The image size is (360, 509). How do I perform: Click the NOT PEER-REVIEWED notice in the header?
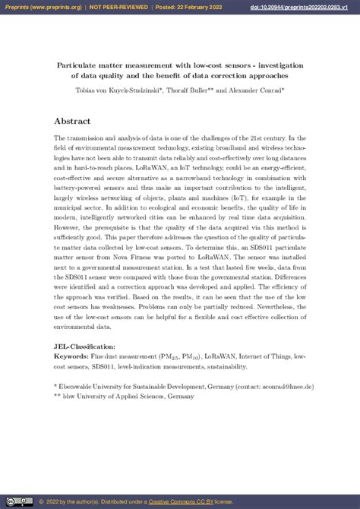tap(119, 6)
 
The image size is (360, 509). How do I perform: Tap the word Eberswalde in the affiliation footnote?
tap(78, 387)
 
